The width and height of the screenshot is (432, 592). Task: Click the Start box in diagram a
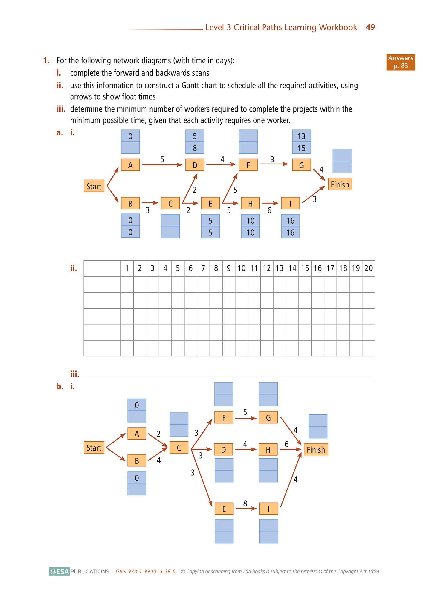coord(94,186)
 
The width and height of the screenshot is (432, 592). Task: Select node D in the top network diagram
coord(195,165)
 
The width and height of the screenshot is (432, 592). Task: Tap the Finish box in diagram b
coord(316,449)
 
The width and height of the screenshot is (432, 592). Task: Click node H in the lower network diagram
coord(268,449)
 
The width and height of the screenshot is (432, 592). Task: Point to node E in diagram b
coord(224,509)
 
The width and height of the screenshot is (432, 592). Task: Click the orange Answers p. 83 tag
coord(401,62)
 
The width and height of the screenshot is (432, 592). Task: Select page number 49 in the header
coord(370,27)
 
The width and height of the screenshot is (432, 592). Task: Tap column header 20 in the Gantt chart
coord(368,268)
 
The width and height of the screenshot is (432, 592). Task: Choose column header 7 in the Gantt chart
coord(203,268)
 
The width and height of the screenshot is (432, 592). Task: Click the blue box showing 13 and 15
coord(301,142)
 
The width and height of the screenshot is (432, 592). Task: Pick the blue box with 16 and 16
coord(290,226)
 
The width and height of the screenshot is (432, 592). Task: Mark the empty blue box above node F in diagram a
coord(248,142)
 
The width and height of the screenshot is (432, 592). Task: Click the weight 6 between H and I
coord(269,210)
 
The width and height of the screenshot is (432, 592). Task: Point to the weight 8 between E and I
coord(245,503)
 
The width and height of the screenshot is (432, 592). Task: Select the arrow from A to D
coord(162,165)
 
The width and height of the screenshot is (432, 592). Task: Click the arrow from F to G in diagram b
coord(246,418)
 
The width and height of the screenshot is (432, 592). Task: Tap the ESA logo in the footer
coord(59,571)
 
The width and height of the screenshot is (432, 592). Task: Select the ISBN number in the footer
coord(146,571)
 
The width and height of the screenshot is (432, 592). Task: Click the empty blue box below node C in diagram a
coord(170,226)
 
